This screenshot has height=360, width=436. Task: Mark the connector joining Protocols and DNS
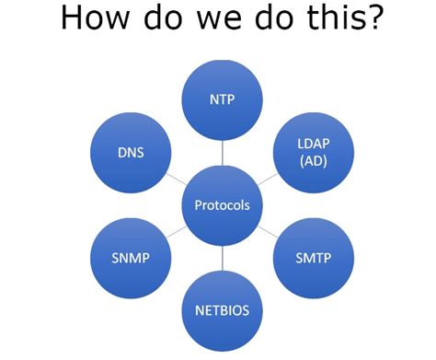(175, 179)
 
